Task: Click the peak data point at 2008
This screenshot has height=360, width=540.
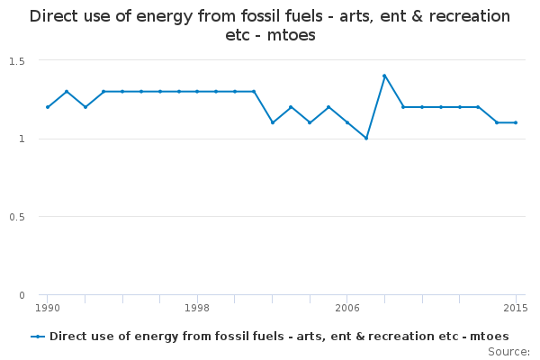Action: pyautogui.click(x=384, y=76)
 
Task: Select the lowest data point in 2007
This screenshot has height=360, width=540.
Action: pyautogui.click(x=366, y=138)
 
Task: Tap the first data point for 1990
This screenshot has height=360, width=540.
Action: pyautogui.click(x=48, y=107)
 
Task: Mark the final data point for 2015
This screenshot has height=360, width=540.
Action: pyautogui.click(x=516, y=122)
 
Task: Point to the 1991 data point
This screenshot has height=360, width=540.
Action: pyautogui.click(x=67, y=92)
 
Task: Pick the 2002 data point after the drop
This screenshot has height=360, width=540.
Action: pyautogui.click(x=273, y=122)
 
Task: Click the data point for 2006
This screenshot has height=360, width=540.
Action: pyautogui.click(x=347, y=122)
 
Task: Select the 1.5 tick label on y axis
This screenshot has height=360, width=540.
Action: pyautogui.click(x=17, y=61)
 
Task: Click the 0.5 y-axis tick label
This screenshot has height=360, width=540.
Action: pyautogui.click(x=17, y=217)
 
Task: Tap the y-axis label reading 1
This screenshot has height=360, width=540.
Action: pyautogui.click(x=22, y=139)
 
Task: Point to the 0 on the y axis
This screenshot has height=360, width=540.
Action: pyautogui.click(x=22, y=295)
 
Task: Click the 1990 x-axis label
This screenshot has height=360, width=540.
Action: pyautogui.click(x=48, y=308)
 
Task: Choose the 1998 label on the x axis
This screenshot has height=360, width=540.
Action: pyautogui.click(x=197, y=308)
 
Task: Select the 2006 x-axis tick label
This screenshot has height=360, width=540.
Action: pyautogui.click(x=347, y=308)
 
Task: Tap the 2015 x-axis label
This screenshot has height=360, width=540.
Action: pyautogui.click(x=516, y=308)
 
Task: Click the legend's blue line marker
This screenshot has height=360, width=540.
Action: pyautogui.click(x=38, y=337)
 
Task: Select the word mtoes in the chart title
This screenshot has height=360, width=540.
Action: pyautogui.click(x=292, y=35)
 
